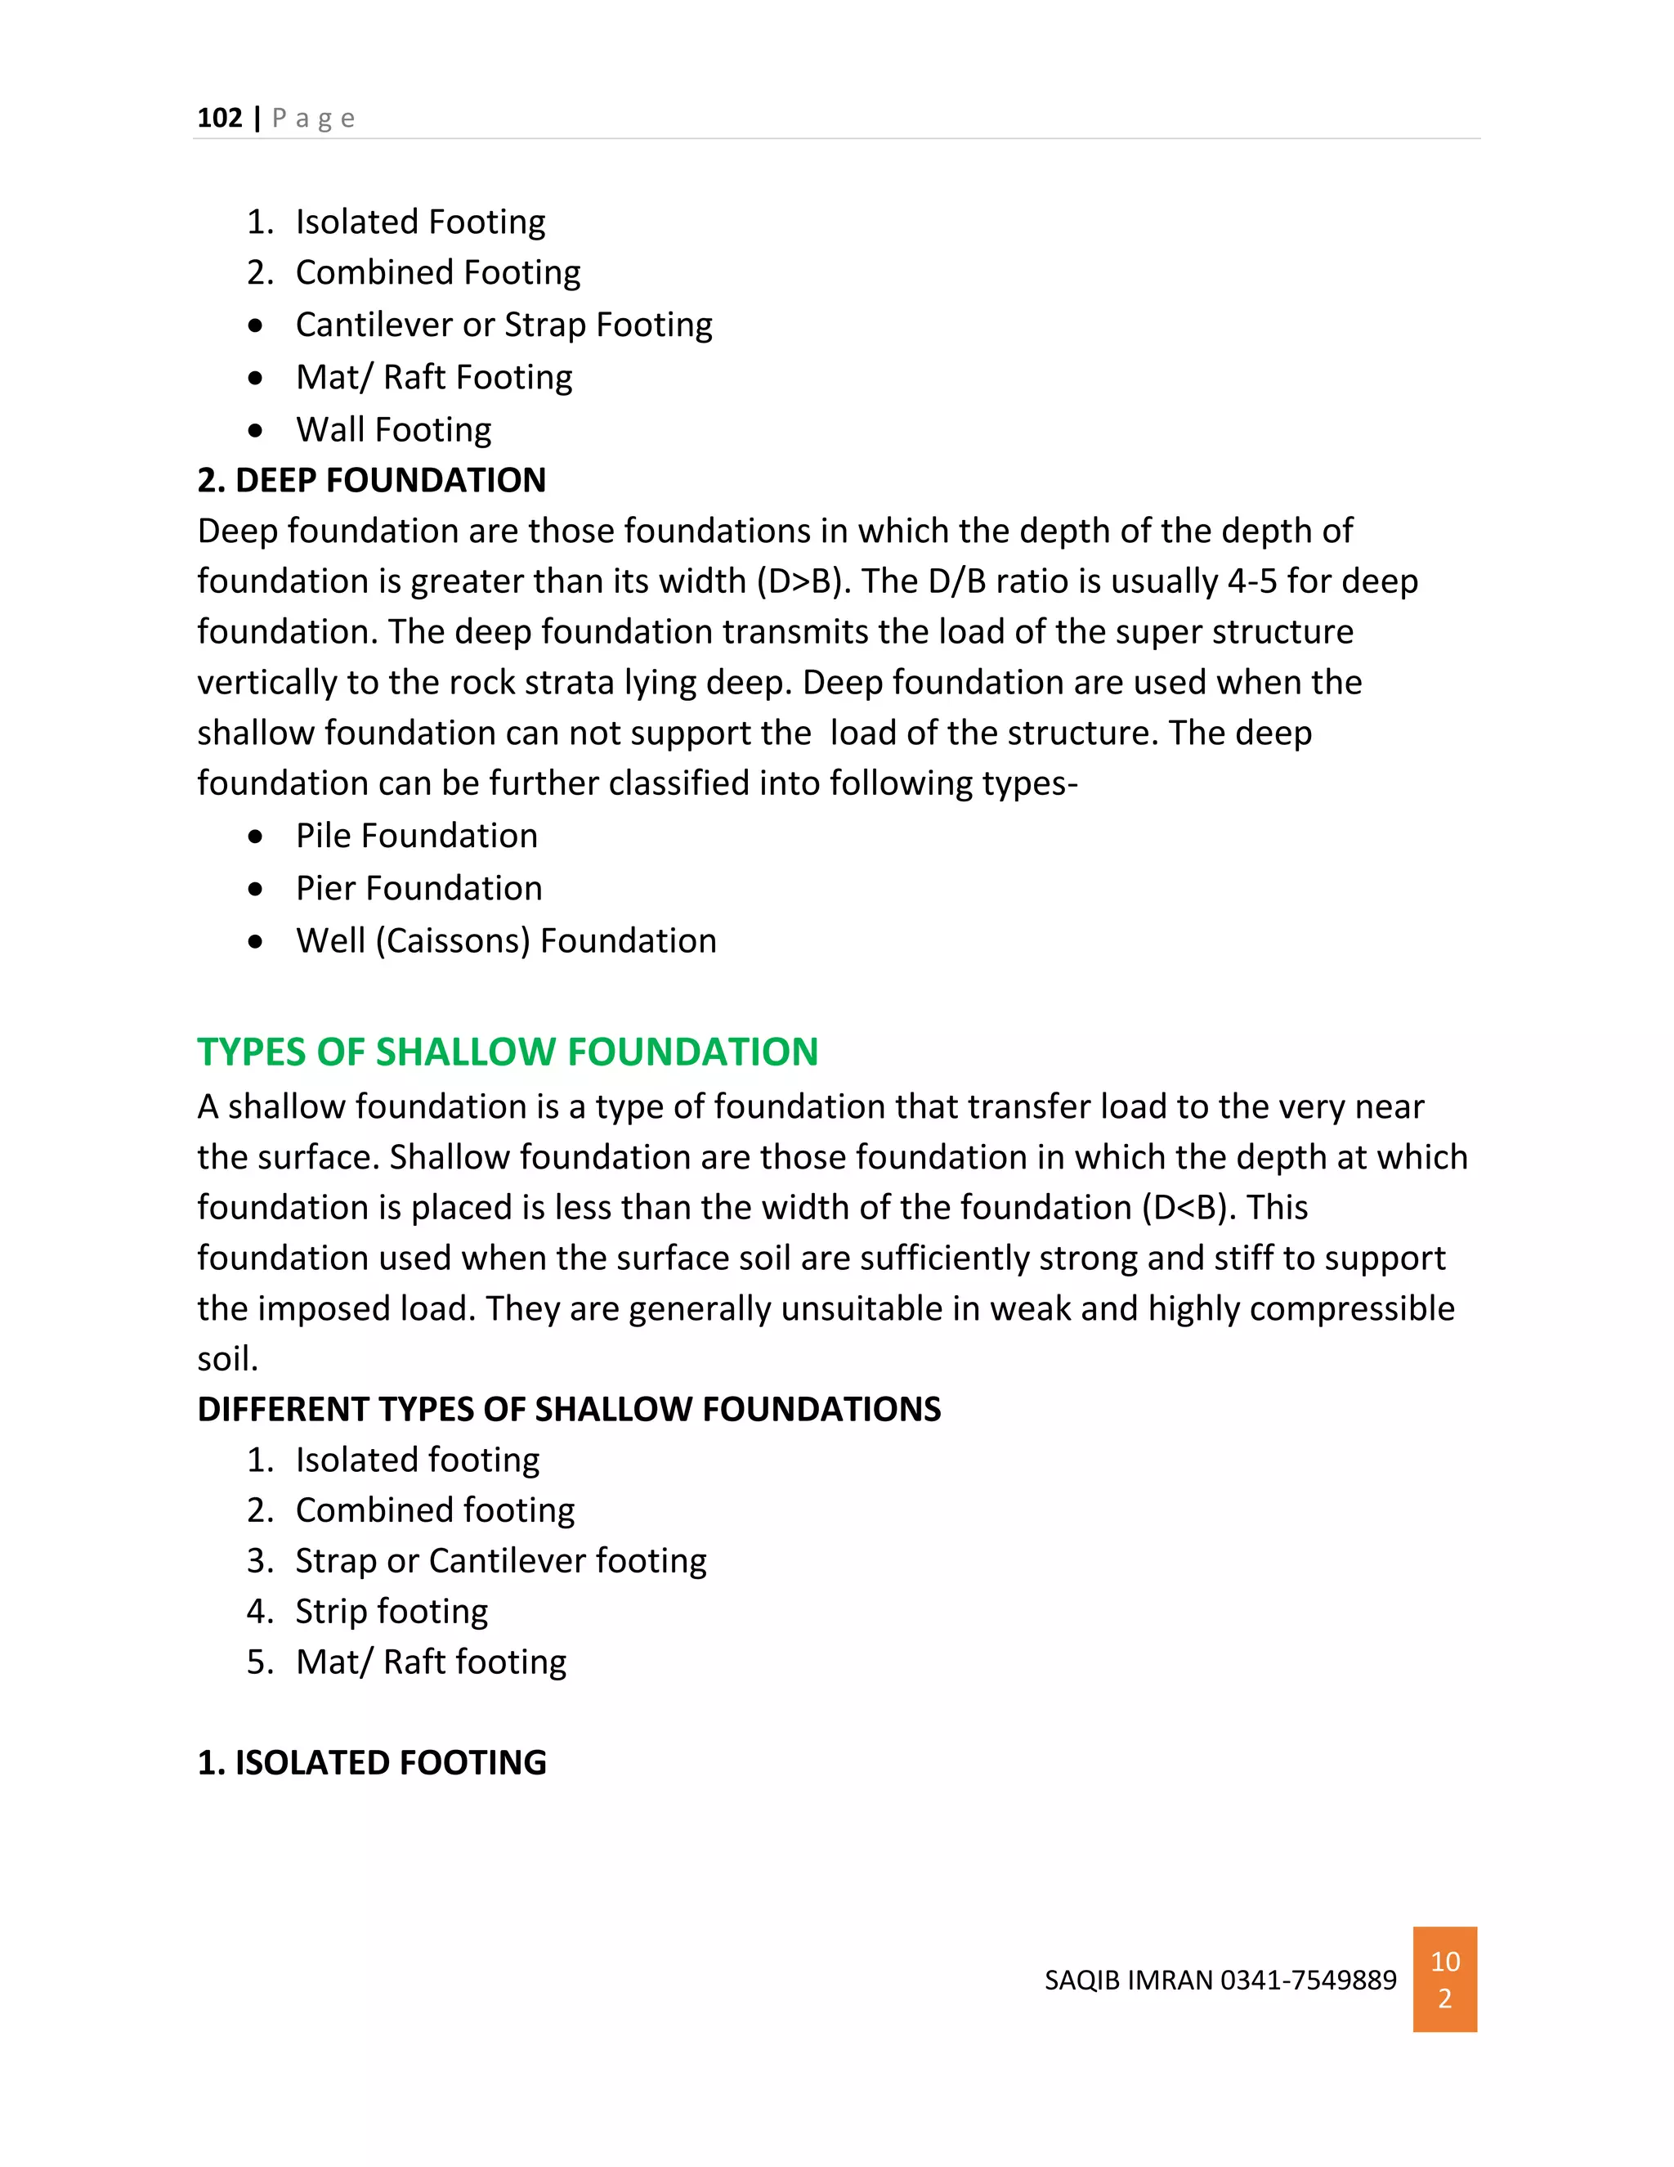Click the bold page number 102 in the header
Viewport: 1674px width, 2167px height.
(219, 118)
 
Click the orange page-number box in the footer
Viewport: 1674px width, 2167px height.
(1444, 1980)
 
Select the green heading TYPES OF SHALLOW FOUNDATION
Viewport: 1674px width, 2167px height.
(507, 1052)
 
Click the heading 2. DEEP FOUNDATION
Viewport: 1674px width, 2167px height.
(371, 480)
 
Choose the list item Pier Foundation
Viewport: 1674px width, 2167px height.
(418, 888)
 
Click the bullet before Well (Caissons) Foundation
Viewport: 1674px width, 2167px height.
(256, 940)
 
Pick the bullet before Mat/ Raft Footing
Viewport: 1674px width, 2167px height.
(256, 378)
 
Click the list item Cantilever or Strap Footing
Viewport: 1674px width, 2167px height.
(503, 325)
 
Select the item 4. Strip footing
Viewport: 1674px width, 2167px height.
(391, 1612)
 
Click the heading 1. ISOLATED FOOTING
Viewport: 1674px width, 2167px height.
(371, 1763)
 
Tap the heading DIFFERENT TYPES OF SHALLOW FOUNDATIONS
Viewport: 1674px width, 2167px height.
(568, 1409)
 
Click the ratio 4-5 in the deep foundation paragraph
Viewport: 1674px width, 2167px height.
(1251, 581)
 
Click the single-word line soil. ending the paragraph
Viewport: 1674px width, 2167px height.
(227, 1359)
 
